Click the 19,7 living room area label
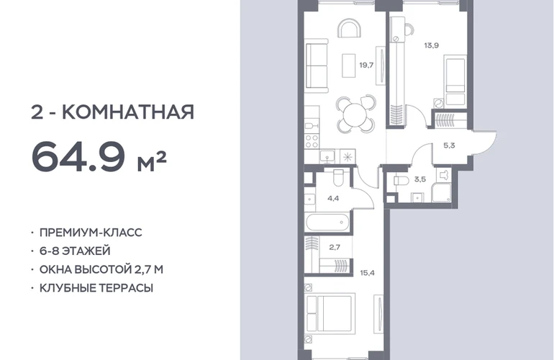[366, 65]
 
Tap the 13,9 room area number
[432, 45]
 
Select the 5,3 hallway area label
[449, 145]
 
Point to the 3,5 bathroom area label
[420, 179]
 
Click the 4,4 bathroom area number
[333, 199]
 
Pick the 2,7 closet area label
[335, 247]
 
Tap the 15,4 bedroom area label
[368, 273]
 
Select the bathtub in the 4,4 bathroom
[327, 222]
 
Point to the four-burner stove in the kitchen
[312, 142]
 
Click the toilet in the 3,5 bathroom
[401, 180]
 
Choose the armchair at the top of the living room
[350, 29]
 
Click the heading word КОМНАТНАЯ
[128, 112]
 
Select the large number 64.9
[78, 156]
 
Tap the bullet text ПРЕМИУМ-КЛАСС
[91, 233]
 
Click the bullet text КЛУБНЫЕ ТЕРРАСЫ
[96, 288]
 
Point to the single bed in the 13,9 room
[455, 80]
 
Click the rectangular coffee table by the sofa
[349, 66]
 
